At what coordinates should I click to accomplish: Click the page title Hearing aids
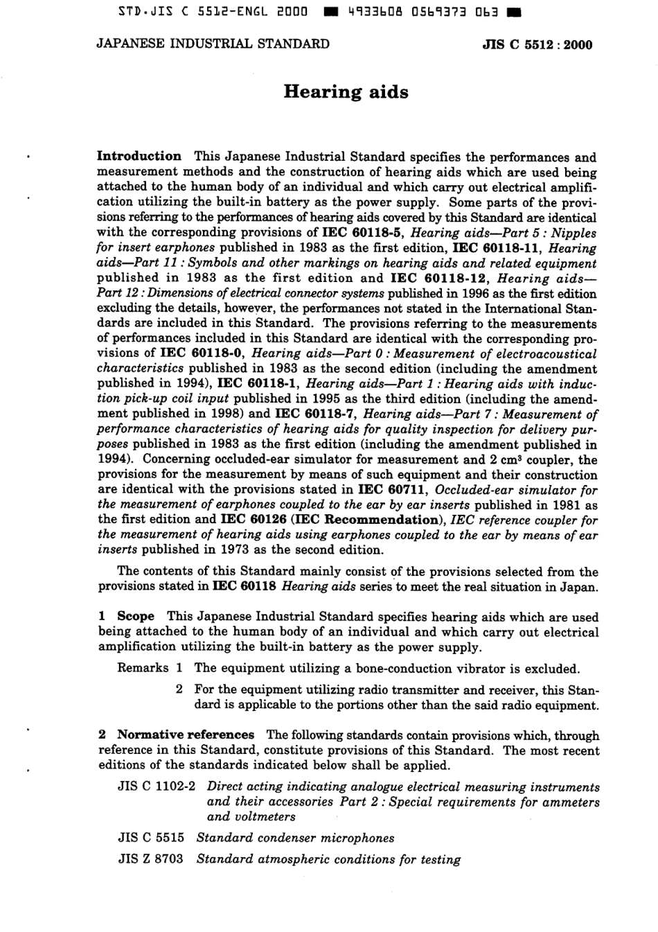pos(346,92)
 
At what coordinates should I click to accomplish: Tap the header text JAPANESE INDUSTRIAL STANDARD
pos(213,44)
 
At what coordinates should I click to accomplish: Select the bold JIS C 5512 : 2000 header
pos(537,45)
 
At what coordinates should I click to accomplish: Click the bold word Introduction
pos(139,157)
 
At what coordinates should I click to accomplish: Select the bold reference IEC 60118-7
pos(317,414)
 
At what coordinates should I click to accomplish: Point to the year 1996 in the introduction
pos(481,293)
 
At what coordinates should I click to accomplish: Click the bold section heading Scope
pos(136,616)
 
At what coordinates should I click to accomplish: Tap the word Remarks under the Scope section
pos(143,668)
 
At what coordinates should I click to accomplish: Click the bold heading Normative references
pos(186,735)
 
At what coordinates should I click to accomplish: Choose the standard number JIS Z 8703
pos(150,859)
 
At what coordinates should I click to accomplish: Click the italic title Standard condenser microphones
pos(295,838)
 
